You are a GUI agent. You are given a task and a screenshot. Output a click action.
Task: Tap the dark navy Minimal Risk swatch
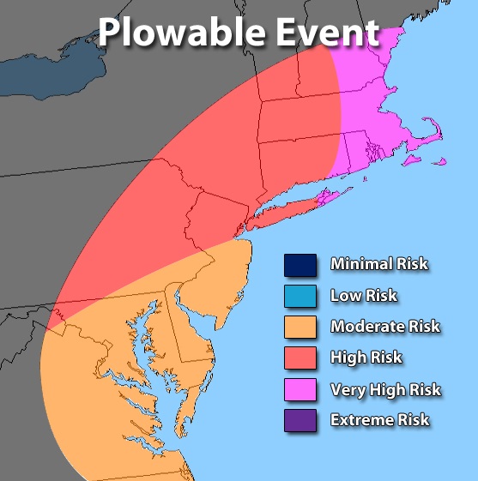click(x=301, y=265)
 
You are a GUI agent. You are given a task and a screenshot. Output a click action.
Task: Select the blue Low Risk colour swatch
click(x=301, y=296)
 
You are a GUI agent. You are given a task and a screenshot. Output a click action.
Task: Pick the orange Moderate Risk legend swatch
click(x=301, y=327)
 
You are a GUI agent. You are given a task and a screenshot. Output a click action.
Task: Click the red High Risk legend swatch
click(x=301, y=358)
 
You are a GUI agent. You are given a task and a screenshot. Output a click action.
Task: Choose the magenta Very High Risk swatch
click(x=301, y=389)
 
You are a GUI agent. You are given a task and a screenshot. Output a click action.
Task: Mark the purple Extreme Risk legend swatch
click(x=301, y=420)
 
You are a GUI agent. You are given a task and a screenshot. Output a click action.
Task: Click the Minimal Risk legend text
click(x=378, y=265)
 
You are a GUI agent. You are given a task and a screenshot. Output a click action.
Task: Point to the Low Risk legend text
click(x=364, y=296)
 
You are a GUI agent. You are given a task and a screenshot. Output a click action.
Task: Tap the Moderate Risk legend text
click(x=384, y=327)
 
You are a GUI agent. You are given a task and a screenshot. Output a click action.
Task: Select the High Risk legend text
click(x=366, y=358)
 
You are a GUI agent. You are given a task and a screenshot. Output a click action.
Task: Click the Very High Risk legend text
click(x=385, y=389)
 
